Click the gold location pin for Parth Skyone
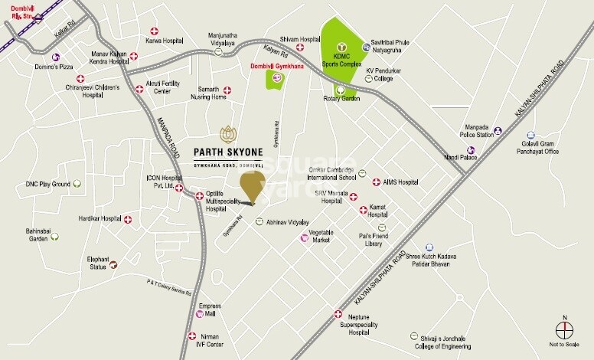pyautogui.click(x=252, y=185)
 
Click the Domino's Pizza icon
pyautogui.click(x=56, y=57)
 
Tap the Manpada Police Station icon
pyautogui.click(x=498, y=131)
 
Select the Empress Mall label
pyautogui.click(x=209, y=310)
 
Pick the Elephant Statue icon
pyautogui.click(x=113, y=265)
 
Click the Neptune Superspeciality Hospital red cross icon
pyautogui.click(x=338, y=314)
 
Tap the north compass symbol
pyautogui.click(x=565, y=329)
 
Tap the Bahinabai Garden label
pyautogui.click(x=38, y=234)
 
